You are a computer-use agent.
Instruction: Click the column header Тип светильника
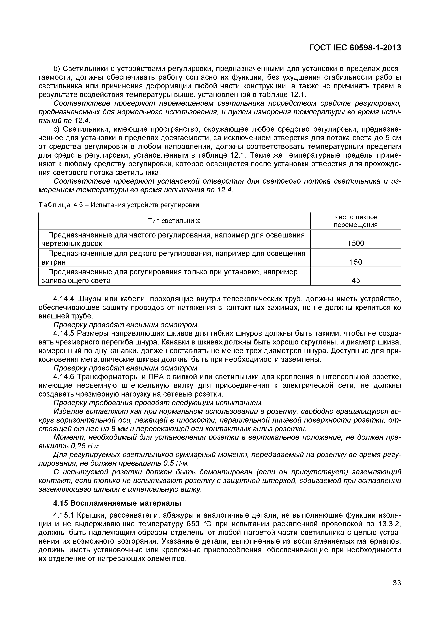tap(174, 221)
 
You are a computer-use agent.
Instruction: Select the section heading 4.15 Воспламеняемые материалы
tap(117, 503)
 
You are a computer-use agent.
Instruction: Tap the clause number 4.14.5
tap(64, 334)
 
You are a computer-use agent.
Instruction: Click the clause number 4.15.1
tap(64, 515)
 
